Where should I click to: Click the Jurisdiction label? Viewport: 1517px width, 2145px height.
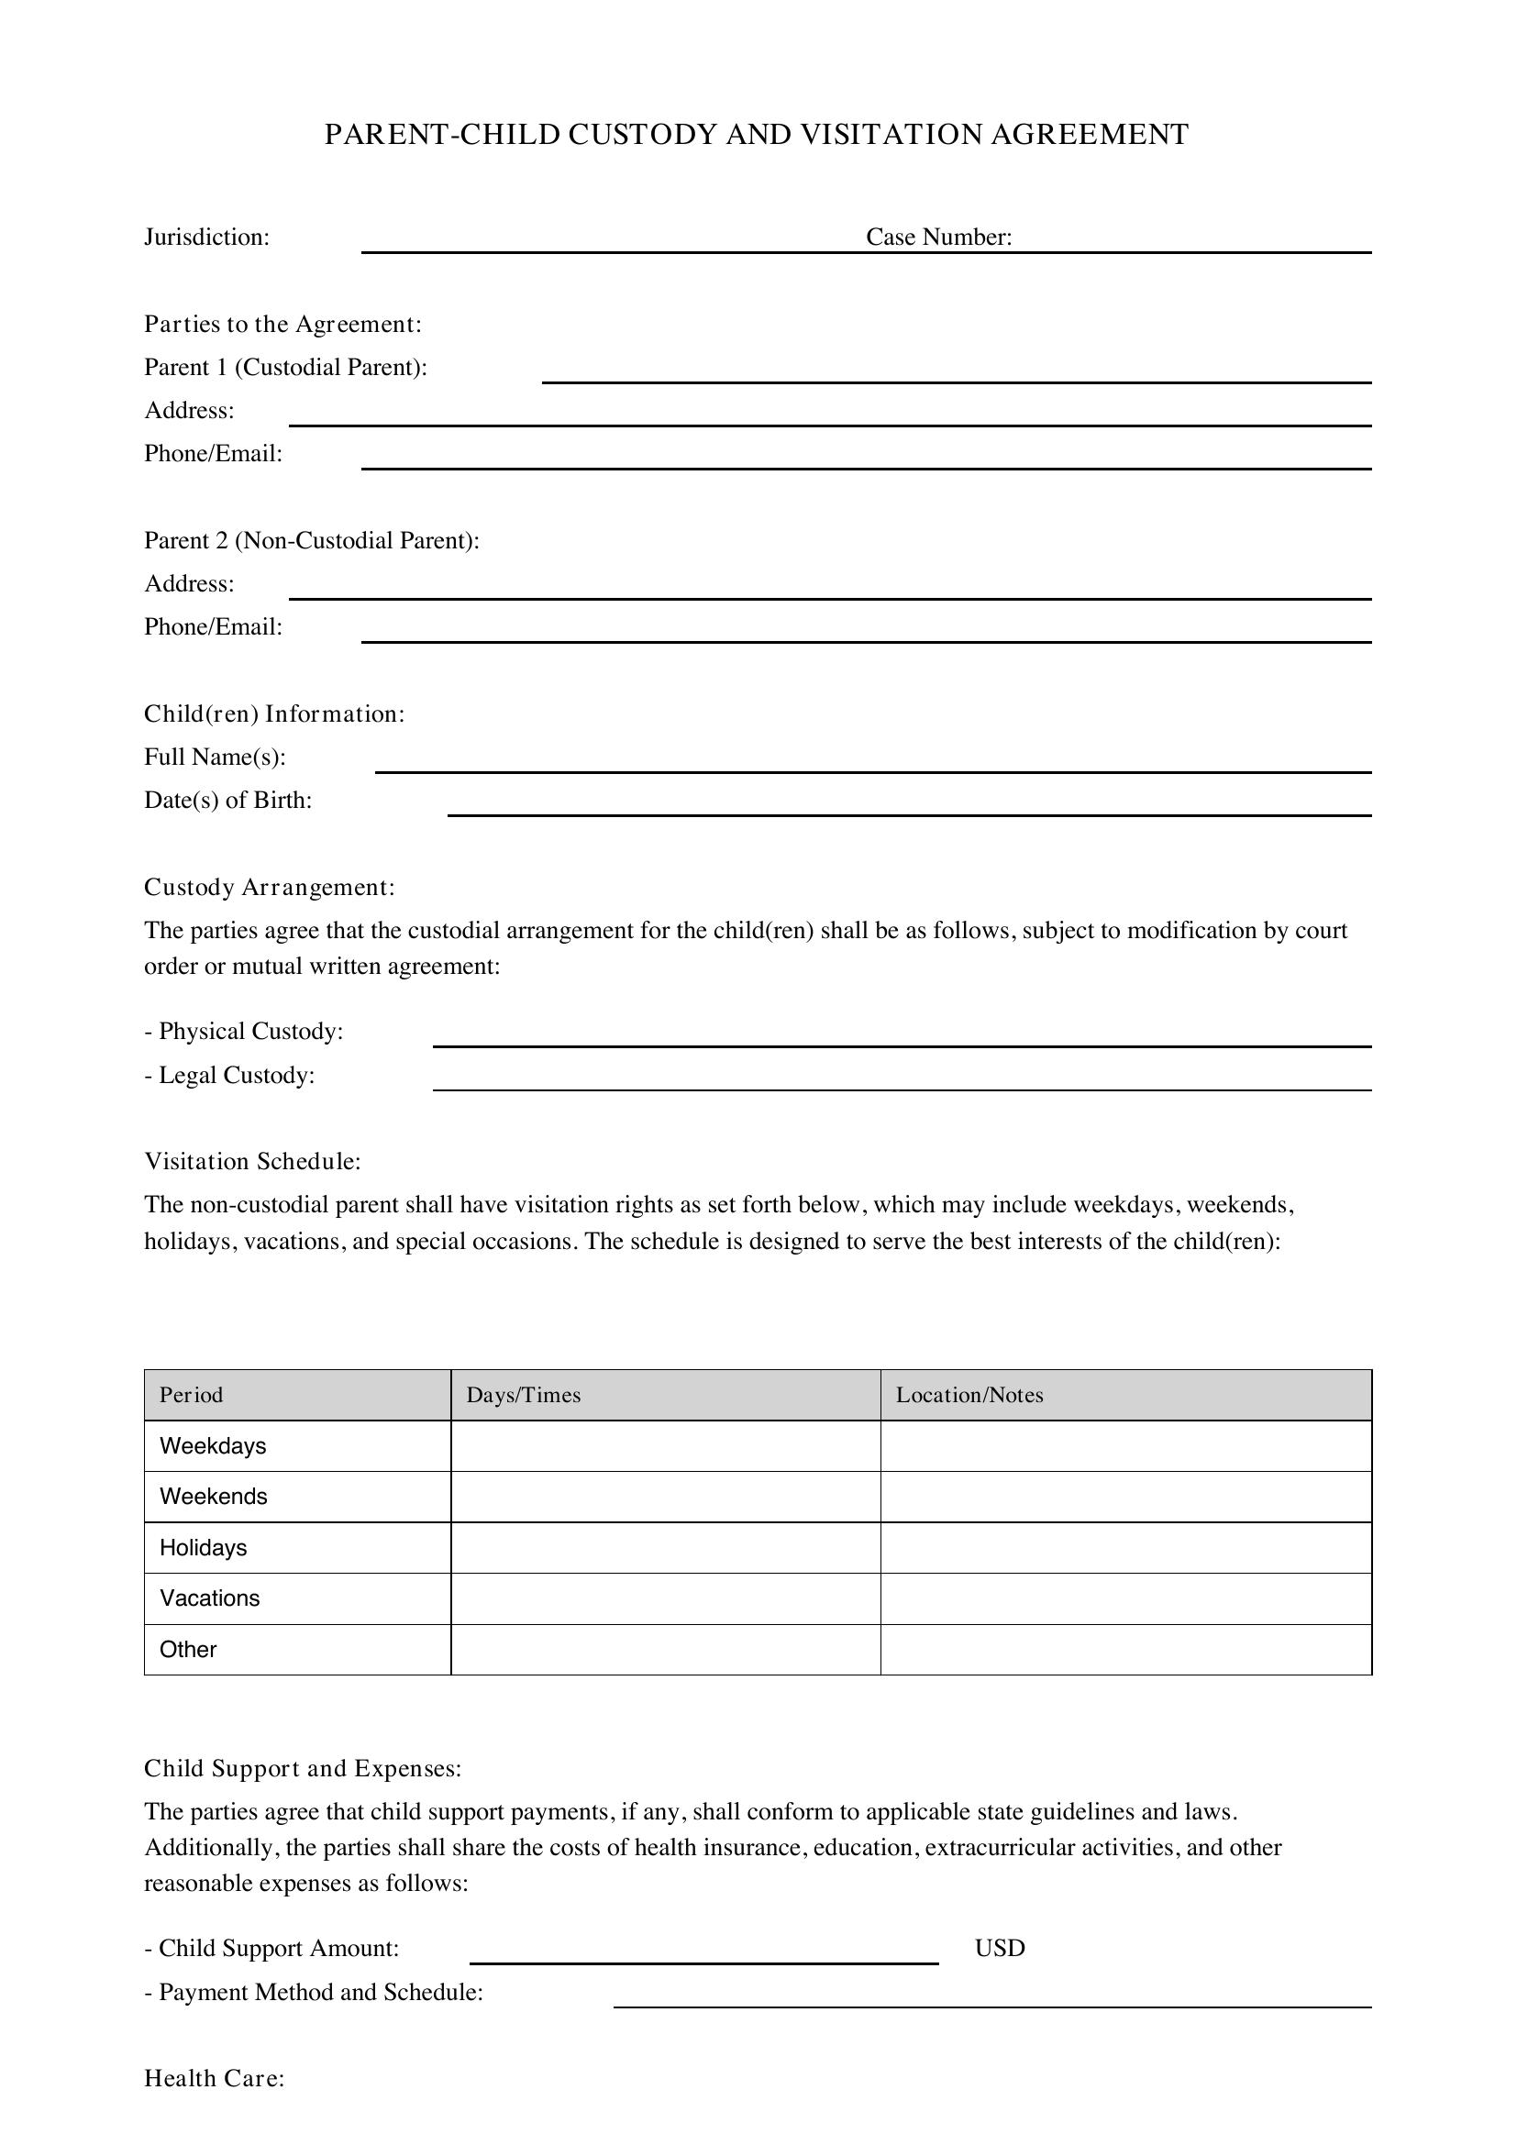206,238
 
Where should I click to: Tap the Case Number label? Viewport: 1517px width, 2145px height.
938,238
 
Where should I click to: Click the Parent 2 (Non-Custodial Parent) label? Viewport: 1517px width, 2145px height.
311,541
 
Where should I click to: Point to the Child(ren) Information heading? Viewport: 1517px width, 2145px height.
273,713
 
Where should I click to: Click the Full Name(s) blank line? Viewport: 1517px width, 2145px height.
872,763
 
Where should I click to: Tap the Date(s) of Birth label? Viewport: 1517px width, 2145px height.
228,801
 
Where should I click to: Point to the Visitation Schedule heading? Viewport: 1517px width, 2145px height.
252,1161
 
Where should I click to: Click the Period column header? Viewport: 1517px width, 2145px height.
192,1395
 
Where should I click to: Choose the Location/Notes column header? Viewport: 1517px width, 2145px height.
969,1395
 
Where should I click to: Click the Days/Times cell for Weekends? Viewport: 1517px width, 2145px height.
665,1497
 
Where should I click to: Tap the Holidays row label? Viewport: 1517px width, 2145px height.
203,1548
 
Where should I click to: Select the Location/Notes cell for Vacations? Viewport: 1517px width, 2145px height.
1124,1598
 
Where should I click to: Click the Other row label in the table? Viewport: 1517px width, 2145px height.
188,1650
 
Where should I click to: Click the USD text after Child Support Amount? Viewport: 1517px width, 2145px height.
1000,1948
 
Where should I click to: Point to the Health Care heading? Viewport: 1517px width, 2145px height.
214,2079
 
